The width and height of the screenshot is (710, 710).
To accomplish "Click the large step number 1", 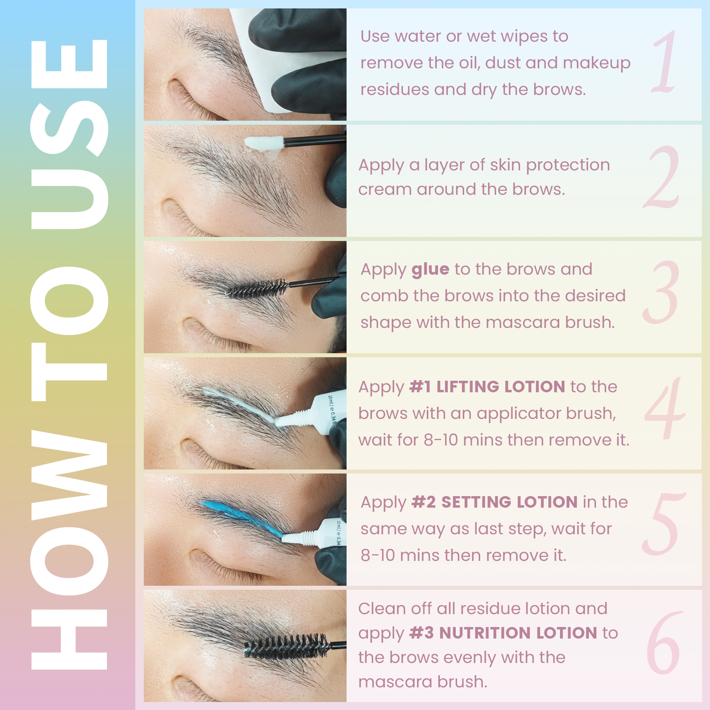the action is click(665, 62).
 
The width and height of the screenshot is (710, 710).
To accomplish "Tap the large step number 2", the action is click(662, 177).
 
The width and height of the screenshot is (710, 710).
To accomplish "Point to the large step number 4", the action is click(665, 408).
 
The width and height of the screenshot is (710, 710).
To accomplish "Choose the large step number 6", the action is click(663, 642).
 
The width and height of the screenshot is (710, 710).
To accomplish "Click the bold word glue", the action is click(430, 270).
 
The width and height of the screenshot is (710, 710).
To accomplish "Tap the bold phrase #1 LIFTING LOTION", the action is click(487, 387).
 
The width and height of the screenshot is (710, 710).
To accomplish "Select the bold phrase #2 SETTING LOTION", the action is click(494, 502).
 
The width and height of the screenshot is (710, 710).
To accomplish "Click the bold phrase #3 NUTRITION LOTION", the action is click(503, 633).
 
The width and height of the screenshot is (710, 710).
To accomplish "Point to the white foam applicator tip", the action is click(264, 143).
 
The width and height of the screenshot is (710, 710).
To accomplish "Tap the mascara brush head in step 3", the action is click(257, 288).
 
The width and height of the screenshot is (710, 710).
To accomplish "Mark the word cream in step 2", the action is click(385, 190).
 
